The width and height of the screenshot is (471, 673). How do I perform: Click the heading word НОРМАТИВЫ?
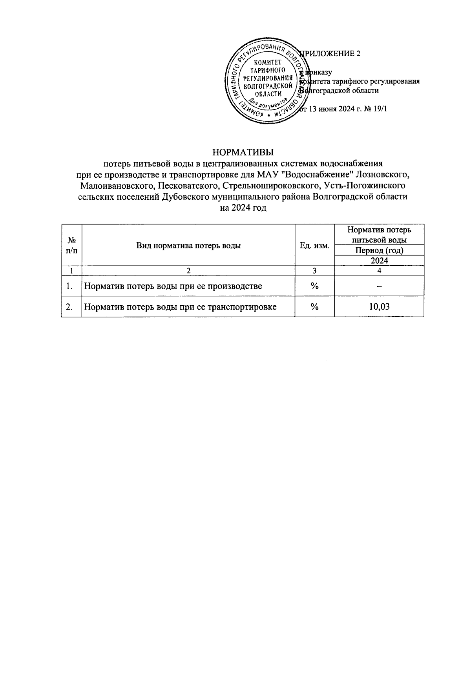[243, 152]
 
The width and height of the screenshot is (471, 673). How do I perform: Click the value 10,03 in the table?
[379, 306]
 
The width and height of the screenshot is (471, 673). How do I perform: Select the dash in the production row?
[379, 286]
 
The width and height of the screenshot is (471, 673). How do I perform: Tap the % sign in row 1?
[314, 286]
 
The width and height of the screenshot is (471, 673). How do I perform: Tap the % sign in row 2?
[314, 306]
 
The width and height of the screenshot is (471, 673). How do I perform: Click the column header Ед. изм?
[314, 246]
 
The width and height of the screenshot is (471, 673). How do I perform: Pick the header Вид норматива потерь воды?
[188, 246]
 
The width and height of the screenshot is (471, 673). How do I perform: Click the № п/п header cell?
[71, 246]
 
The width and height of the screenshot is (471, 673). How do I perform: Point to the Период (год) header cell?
[379, 250]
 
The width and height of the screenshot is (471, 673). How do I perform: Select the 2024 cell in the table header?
[379, 261]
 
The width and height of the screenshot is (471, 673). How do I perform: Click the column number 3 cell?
[314, 270]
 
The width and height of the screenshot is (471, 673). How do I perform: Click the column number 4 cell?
[379, 270]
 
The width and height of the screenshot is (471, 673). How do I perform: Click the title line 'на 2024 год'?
[243, 208]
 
